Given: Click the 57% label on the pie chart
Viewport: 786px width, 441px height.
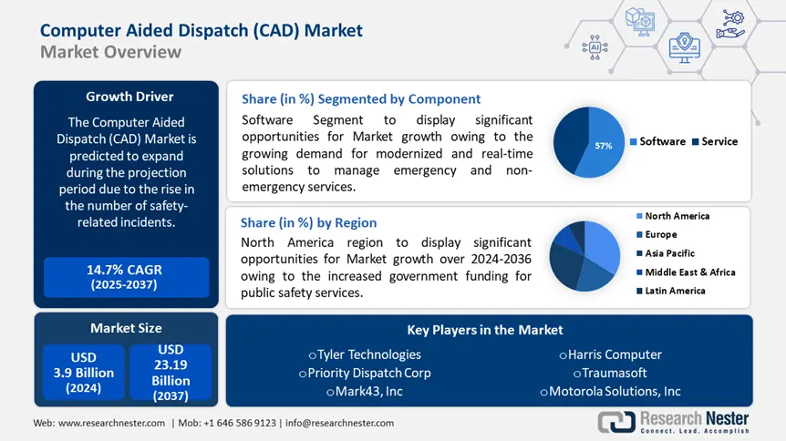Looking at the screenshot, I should click(603, 145).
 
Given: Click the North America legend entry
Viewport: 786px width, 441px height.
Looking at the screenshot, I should click(676, 216).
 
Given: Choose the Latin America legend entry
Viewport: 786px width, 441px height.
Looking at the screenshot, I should click(674, 291).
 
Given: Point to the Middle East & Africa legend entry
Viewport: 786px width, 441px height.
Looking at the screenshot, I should click(688, 272).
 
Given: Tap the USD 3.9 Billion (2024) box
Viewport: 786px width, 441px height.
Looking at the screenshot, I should click(82, 372).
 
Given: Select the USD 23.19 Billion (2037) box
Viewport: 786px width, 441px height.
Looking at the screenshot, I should click(171, 372).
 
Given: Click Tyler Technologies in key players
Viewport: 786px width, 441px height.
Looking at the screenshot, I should click(369, 354).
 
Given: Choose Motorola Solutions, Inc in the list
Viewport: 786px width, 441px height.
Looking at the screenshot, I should click(610, 391).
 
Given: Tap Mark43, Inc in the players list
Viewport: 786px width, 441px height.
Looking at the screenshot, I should click(364, 391).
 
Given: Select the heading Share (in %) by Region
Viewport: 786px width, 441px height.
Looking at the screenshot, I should click(308, 222).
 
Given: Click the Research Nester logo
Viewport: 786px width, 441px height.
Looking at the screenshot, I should click(674, 422).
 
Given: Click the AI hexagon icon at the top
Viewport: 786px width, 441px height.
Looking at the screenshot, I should click(595, 46).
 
